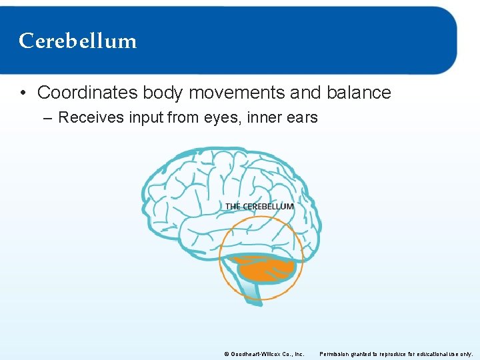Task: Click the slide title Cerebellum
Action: pyautogui.click(x=78, y=41)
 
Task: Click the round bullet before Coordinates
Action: pyautogui.click(x=24, y=93)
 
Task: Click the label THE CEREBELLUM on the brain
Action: pyautogui.click(x=259, y=207)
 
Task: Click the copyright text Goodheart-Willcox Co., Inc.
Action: pyautogui.click(x=267, y=353)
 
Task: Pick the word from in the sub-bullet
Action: pyautogui.click(x=192, y=118)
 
